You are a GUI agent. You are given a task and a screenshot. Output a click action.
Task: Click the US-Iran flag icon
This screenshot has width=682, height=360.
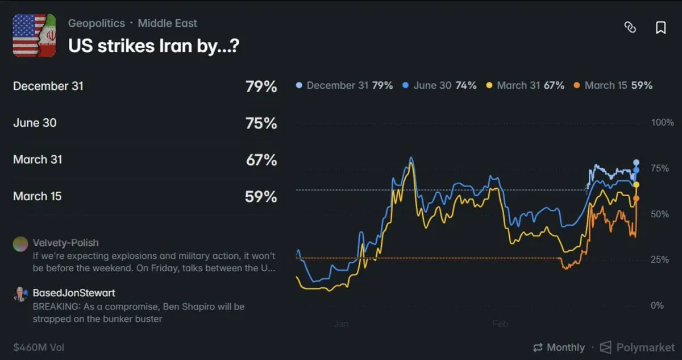tap(34, 35)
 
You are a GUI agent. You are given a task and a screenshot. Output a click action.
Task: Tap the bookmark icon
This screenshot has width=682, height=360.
tap(660, 28)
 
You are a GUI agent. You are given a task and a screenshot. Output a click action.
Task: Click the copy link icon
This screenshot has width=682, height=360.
tap(630, 28)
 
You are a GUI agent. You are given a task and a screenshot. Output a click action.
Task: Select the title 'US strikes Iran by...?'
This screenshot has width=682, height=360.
tap(153, 46)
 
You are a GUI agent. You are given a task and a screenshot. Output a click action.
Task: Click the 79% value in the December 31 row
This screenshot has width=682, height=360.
tap(261, 86)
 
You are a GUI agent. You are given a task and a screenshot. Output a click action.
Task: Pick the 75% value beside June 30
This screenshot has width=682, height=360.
tap(261, 123)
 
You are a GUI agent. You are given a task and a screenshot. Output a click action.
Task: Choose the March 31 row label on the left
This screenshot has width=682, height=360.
tap(38, 160)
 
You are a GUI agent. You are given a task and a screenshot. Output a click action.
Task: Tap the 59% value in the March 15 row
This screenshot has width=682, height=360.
tap(261, 197)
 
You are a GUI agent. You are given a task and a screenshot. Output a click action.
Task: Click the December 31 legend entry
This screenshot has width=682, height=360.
tap(344, 85)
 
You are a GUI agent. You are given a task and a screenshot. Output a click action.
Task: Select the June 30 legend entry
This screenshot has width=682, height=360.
tap(439, 85)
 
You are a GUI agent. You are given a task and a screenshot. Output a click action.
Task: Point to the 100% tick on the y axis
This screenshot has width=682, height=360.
tap(662, 123)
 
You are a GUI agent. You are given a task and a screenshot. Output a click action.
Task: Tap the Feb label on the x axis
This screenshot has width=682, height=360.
tap(500, 324)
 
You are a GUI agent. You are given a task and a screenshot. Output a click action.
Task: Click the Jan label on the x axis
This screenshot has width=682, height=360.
tap(341, 324)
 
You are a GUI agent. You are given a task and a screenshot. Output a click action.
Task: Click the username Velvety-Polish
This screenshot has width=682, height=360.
tap(66, 243)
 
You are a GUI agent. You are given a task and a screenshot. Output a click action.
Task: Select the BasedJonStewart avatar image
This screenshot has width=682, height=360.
tap(20, 294)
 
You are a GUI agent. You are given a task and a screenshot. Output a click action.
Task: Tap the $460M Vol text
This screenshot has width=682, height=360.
tap(39, 347)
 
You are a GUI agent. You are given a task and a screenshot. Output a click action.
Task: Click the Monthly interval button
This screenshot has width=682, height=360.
tap(559, 347)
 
